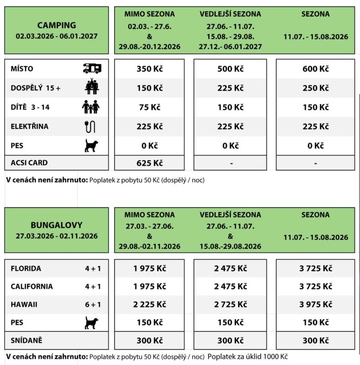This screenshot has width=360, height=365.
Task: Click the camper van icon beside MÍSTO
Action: (92, 68)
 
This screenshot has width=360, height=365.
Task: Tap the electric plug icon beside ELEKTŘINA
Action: (91, 126)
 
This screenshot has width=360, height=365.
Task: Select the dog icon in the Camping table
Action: (91, 146)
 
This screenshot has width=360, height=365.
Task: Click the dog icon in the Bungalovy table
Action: (91, 323)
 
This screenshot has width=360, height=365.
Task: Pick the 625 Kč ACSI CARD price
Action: (149, 163)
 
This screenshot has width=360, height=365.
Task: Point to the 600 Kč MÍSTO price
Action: (315, 69)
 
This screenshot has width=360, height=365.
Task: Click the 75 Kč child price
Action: (149, 107)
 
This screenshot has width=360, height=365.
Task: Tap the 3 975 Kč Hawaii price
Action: (315, 304)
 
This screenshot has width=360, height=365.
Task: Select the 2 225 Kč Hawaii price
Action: (149, 304)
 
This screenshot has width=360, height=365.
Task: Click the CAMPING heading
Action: (57, 25)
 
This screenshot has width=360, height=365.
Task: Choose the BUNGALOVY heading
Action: (57, 225)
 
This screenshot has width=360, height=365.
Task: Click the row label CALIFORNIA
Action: (32, 287)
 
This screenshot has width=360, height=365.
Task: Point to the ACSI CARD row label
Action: (29, 163)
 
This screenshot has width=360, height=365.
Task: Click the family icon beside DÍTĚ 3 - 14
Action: (91, 107)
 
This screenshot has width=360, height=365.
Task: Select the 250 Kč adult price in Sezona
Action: (315, 88)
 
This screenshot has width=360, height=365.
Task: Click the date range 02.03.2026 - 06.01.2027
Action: (57, 36)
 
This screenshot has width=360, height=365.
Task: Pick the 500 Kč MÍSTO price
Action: (231, 69)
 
